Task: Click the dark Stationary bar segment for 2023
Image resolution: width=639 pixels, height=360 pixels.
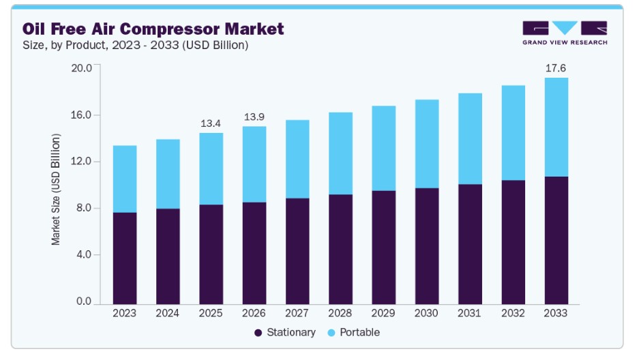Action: [x=125, y=258]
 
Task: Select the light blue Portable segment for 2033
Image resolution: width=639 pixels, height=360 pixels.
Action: [x=556, y=127]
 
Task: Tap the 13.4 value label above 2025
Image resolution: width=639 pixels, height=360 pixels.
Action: [x=211, y=123]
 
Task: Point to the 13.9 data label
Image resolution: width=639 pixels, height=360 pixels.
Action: [x=254, y=117]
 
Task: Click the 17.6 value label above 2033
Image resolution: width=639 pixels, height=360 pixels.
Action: [x=556, y=68]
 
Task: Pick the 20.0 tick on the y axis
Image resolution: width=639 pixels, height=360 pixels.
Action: [x=82, y=68]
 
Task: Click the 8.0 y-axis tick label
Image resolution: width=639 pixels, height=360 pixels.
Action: [x=84, y=208]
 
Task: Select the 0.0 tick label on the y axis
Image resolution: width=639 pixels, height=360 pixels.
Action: [x=84, y=301]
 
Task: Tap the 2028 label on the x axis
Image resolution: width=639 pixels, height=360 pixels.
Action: [x=340, y=313]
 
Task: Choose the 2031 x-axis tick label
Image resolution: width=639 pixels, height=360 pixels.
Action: [x=469, y=313]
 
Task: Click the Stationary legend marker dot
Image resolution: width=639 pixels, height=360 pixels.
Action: [x=258, y=333]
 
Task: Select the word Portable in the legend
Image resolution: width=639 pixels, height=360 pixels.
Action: [x=360, y=332]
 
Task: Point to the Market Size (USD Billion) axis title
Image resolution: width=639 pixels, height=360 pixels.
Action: [x=55, y=190]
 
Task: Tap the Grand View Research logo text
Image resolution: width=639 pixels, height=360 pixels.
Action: [x=565, y=42]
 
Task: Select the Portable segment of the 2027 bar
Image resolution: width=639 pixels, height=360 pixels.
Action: [x=297, y=160]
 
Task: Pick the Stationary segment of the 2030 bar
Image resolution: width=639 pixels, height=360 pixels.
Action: [x=427, y=246]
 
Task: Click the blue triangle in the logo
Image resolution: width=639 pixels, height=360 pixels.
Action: [x=565, y=27]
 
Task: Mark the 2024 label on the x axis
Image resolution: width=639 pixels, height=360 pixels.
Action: [x=168, y=313]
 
